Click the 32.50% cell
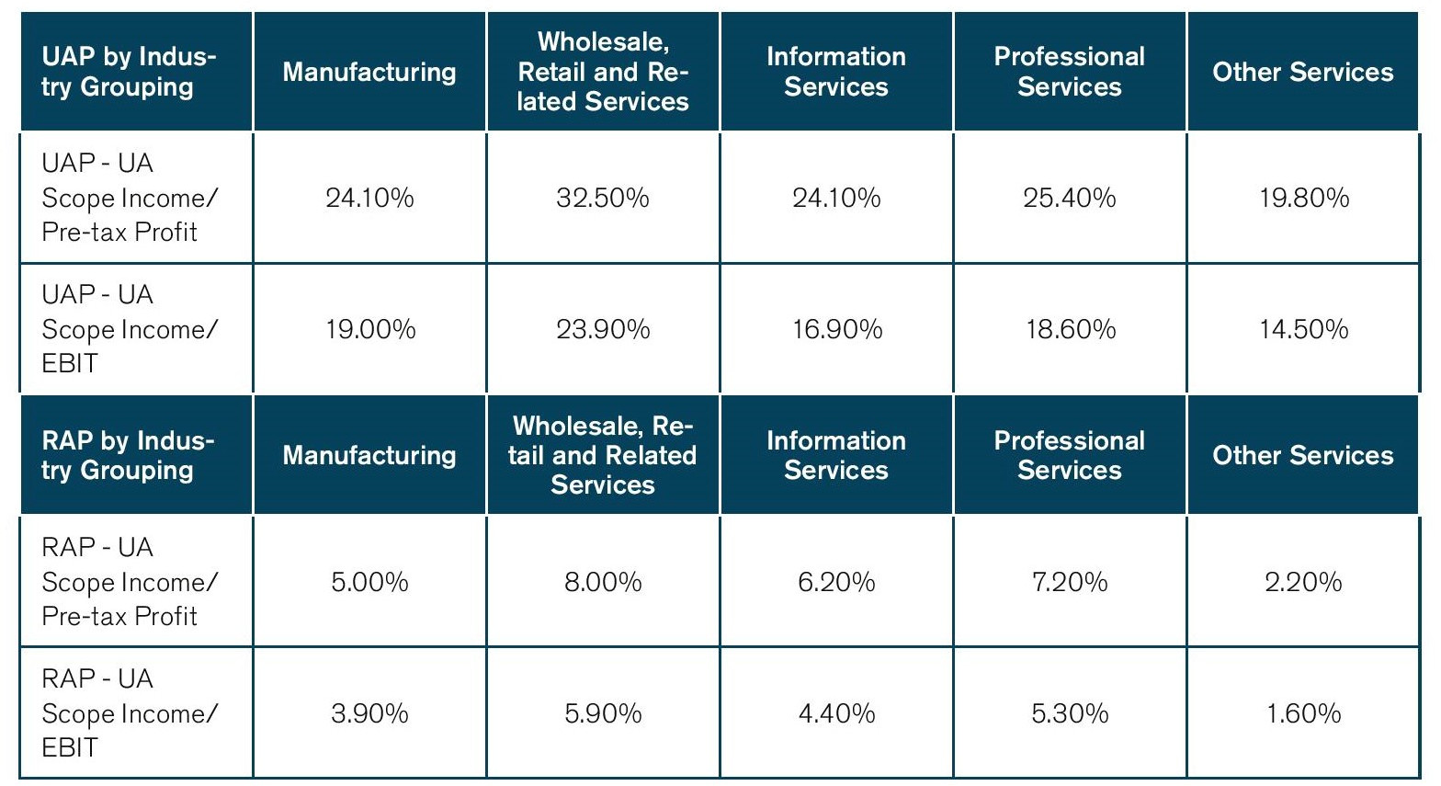click(603, 198)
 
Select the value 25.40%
click(1070, 198)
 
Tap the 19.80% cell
click(1303, 198)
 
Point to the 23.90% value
click(603, 329)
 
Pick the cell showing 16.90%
click(836, 329)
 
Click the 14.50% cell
click(1303, 329)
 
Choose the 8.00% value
click(603, 582)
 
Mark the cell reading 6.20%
click(836, 582)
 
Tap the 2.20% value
click(1303, 582)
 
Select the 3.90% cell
click(369, 713)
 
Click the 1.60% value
click(1303, 713)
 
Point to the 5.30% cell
click(1070, 713)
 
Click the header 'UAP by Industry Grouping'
click(130, 72)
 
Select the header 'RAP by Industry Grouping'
click(128, 455)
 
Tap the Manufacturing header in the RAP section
click(369, 455)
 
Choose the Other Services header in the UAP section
click(1303, 72)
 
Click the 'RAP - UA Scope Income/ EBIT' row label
click(130, 713)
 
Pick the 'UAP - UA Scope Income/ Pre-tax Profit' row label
click(130, 198)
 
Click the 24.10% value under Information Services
click(836, 198)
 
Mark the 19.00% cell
click(369, 329)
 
